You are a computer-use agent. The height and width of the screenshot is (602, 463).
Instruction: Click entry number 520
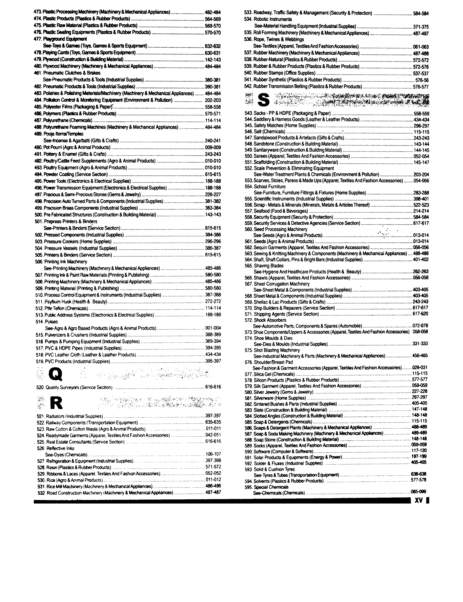[40, 387]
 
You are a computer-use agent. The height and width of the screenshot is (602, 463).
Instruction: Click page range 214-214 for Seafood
[421, 211]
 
